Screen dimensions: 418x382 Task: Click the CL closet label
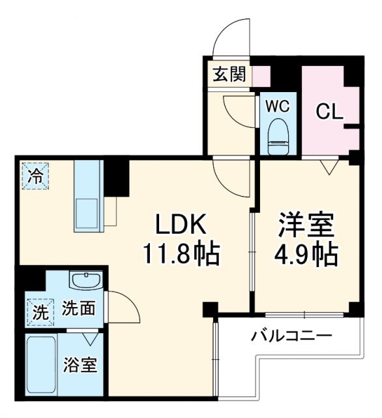(x=329, y=111)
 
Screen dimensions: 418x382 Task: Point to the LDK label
(x=181, y=225)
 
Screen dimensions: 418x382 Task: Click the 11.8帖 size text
(x=181, y=253)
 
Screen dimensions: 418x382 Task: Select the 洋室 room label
(x=306, y=225)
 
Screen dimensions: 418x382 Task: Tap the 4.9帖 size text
(x=306, y=253)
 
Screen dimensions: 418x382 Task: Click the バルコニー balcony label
(x=292, y=337)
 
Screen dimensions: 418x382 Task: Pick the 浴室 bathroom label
(x=80, y=365)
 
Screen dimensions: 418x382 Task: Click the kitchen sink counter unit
(x=86, y=196)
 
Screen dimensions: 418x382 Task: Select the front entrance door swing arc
(x=234, y=36)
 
